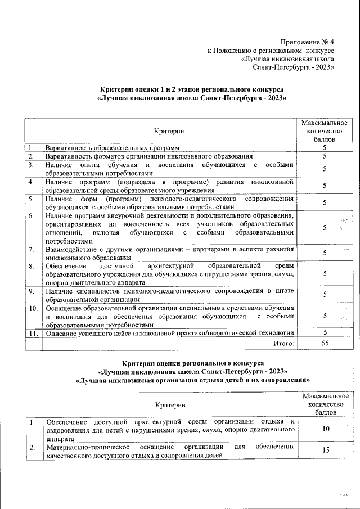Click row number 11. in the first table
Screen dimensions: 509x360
pyautogui.click(x=33, y=333)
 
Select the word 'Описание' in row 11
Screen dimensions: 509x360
pyautogui.click(x=62, y=333)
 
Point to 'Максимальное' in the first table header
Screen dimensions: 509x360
pyautogui.click(x=325, y=123)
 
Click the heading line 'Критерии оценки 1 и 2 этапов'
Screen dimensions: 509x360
pyautogui.click(x=191, y=89)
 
